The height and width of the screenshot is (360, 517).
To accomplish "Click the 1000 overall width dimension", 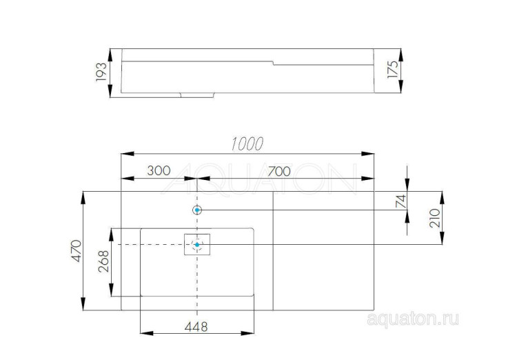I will [x=247, y=143].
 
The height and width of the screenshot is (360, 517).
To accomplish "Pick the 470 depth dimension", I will [x=76, y=253].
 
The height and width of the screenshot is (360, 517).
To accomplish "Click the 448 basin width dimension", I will [x=196, y=326].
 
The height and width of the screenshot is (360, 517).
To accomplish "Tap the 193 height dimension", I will [x=101, y=71].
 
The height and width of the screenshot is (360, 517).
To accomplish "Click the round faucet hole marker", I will [x=197, y=210].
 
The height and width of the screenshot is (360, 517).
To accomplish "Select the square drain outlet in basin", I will [x=197, y=245].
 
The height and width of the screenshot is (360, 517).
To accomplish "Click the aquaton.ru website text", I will [x=413, y=319].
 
